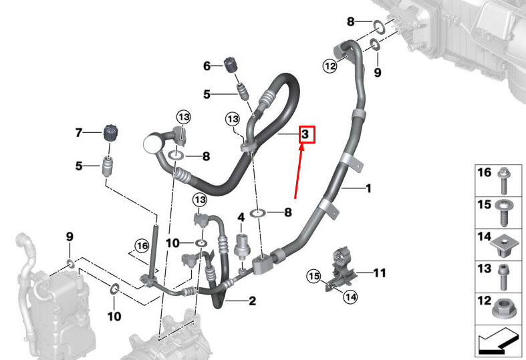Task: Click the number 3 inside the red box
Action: click(x=305, y=134)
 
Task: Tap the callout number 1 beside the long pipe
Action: click(x=368, y=188)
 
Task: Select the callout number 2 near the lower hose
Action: click(x=252, y=301)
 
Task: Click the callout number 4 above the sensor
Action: click(x=241, y=218)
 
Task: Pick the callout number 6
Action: click(x=207, y=66)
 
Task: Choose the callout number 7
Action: click(x=78, y=133)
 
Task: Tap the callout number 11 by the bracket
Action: click(x=380, y=273)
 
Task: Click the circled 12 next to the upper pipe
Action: click(x=330, y=65)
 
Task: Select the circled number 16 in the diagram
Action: click(x=142, y=246)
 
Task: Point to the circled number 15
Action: click(x=314, y=277)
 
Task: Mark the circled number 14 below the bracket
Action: click(x=350, y=297)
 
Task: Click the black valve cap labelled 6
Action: click(x=231, y=64)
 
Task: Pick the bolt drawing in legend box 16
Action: click(x=504, y=180)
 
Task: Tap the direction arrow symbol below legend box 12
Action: click(x=497, y=341)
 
